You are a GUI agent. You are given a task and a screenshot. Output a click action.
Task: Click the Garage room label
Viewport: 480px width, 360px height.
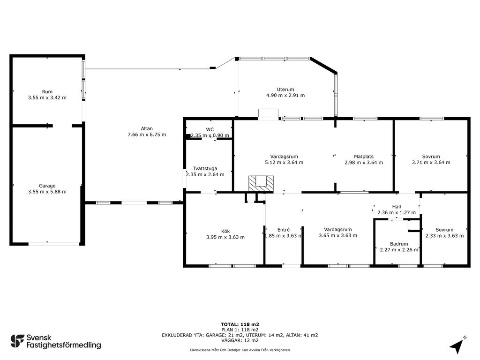coord(47,186)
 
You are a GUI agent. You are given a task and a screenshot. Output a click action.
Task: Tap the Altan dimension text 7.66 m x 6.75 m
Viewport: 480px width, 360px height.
coord(147,135)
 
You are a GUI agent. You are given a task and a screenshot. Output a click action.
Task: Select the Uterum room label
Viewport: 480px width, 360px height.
coord(285,90)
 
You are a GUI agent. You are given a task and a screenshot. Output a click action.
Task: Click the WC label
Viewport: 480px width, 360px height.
coord(210,129)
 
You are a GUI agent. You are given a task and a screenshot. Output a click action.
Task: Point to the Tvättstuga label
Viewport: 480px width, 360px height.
coord(205,168)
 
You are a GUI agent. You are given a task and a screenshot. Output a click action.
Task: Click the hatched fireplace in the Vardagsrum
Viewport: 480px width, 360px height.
coord(261,184)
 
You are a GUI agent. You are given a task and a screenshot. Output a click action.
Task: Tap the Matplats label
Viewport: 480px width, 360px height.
coord(364,157)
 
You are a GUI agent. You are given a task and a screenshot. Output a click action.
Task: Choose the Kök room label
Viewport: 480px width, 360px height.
coord(225,231)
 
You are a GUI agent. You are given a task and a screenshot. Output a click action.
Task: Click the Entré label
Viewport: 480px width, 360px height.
coord(284,230)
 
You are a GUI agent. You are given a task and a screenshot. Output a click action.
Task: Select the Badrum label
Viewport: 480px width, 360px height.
coord(399,244)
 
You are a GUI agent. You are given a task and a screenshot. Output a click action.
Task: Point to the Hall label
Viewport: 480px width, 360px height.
coord(397,207)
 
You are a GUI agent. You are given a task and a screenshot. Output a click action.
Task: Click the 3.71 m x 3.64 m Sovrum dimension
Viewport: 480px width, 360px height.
coord(431,162)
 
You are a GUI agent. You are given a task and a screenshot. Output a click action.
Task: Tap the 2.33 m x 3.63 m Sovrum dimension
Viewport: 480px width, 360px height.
coord(444,235)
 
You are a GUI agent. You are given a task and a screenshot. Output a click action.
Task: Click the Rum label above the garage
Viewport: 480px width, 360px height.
coord(47,91)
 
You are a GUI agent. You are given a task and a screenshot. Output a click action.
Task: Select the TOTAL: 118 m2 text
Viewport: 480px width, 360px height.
coord(240,324)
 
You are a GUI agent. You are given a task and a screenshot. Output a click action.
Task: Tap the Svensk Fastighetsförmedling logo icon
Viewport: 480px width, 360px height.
coord(17,341)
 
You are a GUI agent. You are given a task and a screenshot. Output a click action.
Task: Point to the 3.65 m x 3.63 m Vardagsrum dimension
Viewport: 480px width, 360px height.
coord(338,235)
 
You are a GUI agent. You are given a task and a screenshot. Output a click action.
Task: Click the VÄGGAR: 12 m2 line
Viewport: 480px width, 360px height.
coord(240,340)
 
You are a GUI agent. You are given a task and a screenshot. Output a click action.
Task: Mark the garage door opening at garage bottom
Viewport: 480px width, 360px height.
coord(54,244)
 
